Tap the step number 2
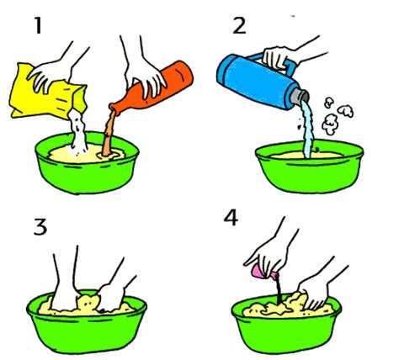[240, 26]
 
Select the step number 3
[40, 227]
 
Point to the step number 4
[231, 218]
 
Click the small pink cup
[263, 272]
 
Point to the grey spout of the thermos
[300, 95]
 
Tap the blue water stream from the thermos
[308, 129]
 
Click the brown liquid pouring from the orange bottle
[109, 135]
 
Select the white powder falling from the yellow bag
[77, 132]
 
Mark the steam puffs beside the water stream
[336, 116]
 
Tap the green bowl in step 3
[87, 326]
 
